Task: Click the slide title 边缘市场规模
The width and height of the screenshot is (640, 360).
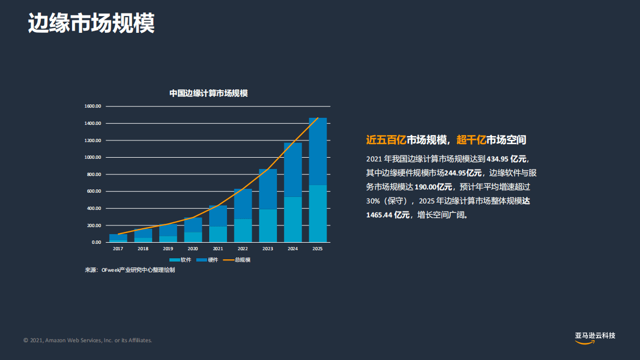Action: [91, 23]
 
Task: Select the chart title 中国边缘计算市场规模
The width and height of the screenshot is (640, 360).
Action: [208, 93]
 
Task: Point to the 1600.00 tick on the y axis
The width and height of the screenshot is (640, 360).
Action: [93, 107]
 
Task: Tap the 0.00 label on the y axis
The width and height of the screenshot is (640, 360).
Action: [96, 242]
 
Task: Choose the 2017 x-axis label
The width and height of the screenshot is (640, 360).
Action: [118, 249]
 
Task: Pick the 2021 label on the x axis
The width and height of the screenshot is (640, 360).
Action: [218, 249]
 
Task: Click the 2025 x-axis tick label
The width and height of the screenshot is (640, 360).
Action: [318, 249]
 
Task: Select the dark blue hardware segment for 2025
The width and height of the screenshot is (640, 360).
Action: [318, 151]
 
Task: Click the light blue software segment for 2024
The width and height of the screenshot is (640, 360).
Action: [293, 220]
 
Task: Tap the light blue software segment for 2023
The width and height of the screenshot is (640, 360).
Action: [268, 225]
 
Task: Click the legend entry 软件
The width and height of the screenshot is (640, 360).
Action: [180, 260]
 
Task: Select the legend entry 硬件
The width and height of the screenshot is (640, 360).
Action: [207, 260]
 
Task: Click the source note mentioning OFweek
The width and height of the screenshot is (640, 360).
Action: [130, 270]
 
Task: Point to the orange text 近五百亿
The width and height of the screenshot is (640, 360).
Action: [386, 140]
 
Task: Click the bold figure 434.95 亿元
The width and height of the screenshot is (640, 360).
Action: [507, 159]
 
